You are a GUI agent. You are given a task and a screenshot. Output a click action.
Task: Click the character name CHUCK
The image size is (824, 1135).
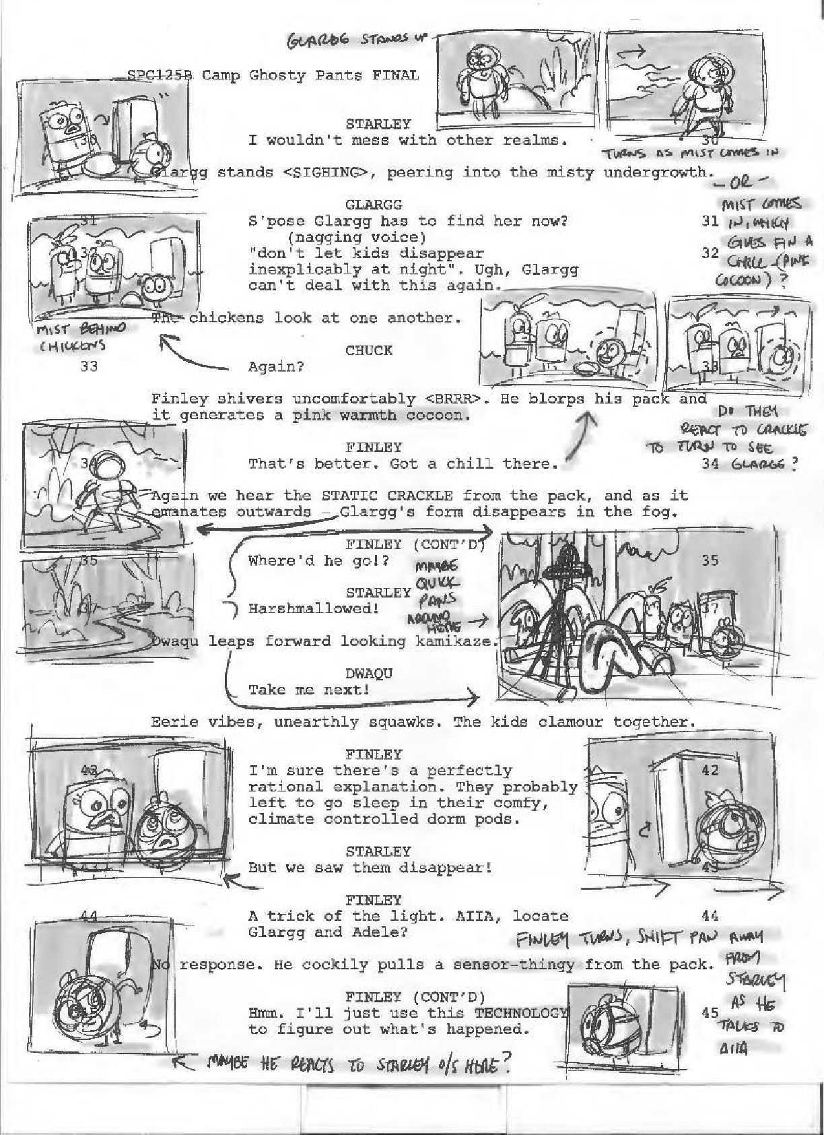(x=368, y=350)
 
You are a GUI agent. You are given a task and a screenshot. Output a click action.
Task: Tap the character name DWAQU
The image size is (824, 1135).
(x=368, y=673)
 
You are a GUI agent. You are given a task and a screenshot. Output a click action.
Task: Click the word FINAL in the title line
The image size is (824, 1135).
(x=395, y=75)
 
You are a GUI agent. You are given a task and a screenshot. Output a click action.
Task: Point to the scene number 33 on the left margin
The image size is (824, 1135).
(x=89, y=366)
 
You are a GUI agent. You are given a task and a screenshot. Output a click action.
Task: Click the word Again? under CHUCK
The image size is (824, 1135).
(x=276, y=366)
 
